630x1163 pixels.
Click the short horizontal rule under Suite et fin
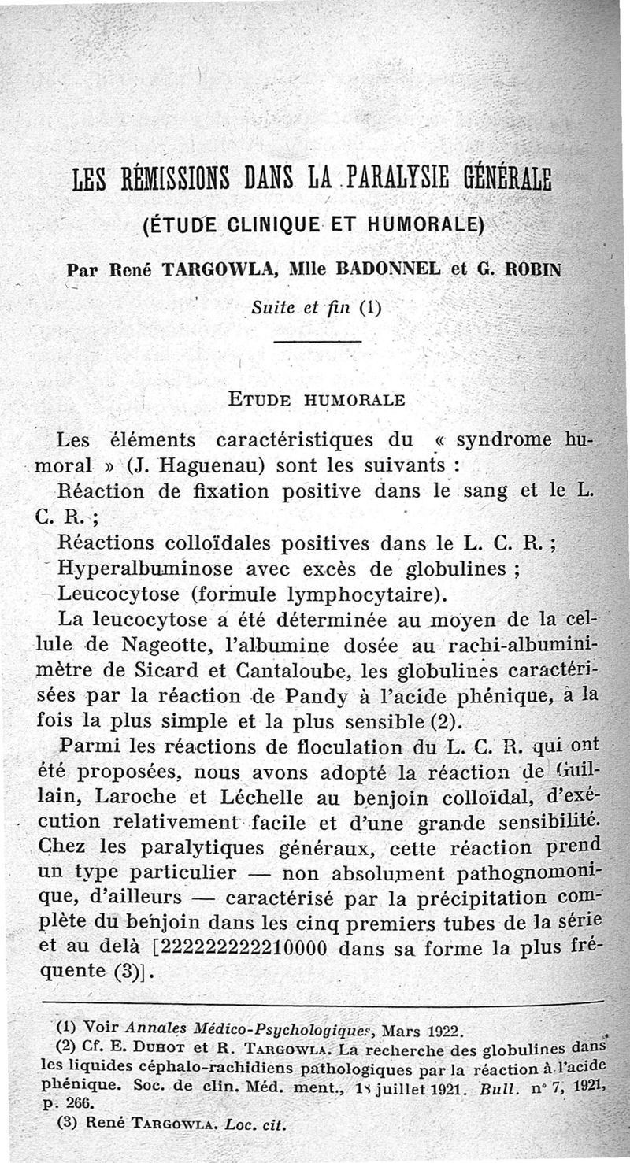(x=317, y=341)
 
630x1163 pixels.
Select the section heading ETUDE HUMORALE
(x=316, y=399)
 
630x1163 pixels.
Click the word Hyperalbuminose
(x=146, y=569)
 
